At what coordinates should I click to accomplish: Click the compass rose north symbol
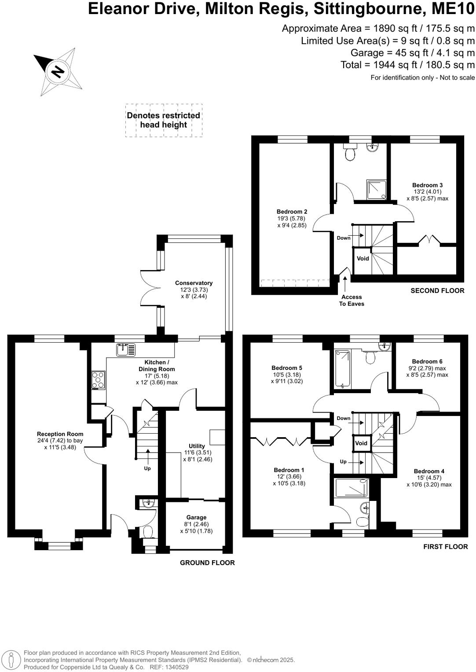pos(58,71)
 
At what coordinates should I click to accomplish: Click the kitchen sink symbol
pos(126,350)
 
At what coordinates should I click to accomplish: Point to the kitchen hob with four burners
pos(98,380)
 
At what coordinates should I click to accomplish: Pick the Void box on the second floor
pos(362,259)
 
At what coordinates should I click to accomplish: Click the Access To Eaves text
pos(352,300)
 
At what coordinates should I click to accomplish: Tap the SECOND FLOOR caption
pos(437,291)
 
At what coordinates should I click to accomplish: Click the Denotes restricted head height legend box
pos(164,120)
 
